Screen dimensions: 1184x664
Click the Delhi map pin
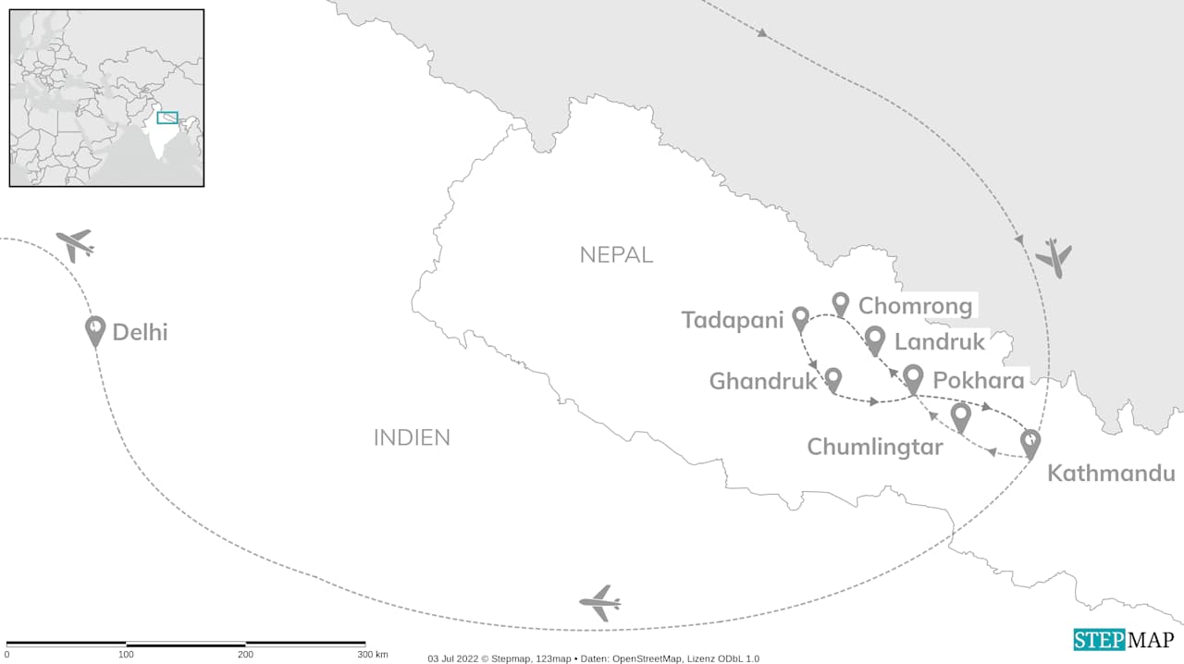click(x=95, y=329)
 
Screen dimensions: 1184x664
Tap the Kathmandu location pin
click(x=1030, y=442)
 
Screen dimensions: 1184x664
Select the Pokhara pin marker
click(x=913, y=377)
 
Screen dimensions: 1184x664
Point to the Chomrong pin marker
click(x=840, y=302)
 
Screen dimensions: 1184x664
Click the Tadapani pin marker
click(x=801, y=318)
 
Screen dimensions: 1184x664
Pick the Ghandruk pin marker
click(x=832, y=377)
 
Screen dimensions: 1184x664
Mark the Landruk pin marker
click(x=874, y=339)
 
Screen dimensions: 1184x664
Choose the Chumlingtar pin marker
click(x=961, y=416)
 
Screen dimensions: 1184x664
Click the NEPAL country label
click(x=616, y=255)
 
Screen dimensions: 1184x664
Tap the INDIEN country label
click(x=412, y=437)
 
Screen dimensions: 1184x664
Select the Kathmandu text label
click(x=1110, y=474)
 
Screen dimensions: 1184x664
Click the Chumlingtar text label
click(x=874, y=448)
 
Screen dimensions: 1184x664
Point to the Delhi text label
click(x=140, y=332)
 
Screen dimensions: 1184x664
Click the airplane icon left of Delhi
click(x=75, y=245)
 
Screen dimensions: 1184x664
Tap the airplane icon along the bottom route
click(x=600, y=604)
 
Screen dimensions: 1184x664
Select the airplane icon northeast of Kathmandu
click(x=1054, y=257)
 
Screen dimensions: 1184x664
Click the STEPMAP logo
click(x=1123, y=640)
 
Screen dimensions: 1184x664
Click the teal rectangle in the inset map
click(x=167, y=117)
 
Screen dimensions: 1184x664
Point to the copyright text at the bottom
click(x=593, y=658)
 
